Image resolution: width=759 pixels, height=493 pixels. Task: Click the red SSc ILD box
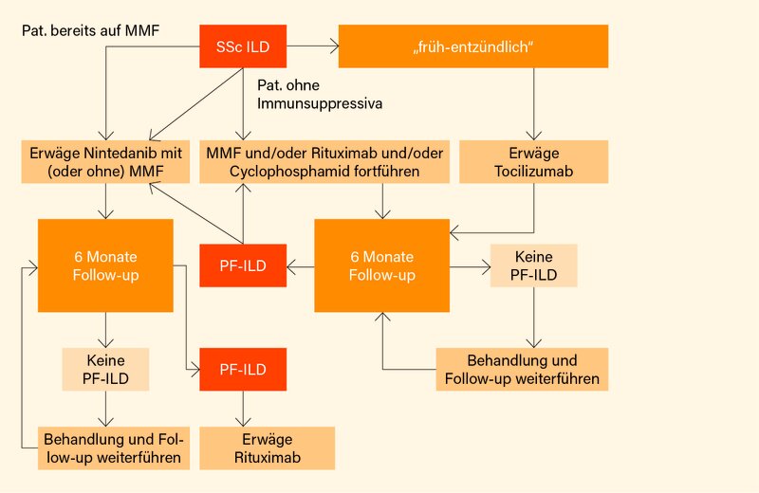pyautogui.click(x=243, y=46)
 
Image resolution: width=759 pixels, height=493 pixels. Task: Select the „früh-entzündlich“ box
pyautogui.click(x=472, y=46)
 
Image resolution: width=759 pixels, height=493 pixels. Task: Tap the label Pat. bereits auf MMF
pyautogui.click(x=90, y=31)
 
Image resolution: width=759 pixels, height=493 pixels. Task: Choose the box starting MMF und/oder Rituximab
pyautogui.click(x=324, y=161)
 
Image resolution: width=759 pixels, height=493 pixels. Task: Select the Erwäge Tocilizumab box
pyautogui.click(x=533, y=161)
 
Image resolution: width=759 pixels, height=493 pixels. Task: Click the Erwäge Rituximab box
pyautogui.click(x=268, y=447)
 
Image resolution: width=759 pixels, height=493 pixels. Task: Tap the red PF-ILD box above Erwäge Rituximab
pyautogui.click(x=243, y=369)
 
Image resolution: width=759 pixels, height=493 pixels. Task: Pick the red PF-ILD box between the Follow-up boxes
pyautogui.click(x=243, y=265)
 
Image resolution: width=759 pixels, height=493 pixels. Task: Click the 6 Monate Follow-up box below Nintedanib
pyautogui.click(x=105, y=265)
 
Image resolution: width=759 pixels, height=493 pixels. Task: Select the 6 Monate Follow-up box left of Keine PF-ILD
pyautogui.click(x=382, y=265)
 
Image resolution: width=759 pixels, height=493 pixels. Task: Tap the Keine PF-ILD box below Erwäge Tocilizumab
pyautogui.click(x=533, y=265)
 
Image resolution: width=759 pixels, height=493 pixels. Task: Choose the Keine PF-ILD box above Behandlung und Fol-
pyautogui.click(x=105, y=369)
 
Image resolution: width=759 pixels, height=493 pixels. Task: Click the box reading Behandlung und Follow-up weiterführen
pyautogui.click(x=522, y=370)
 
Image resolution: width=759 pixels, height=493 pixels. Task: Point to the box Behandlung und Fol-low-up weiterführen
pyautogui.click(x=114, y=447)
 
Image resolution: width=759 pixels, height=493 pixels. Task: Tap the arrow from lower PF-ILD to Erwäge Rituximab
pyautogui.click(x=243, y=409)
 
